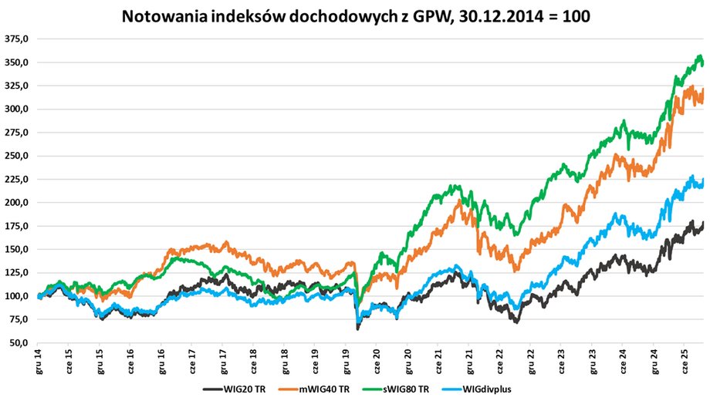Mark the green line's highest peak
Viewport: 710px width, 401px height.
click(x=699, y=56)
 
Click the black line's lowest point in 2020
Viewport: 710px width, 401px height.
click(x=357, y=329)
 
